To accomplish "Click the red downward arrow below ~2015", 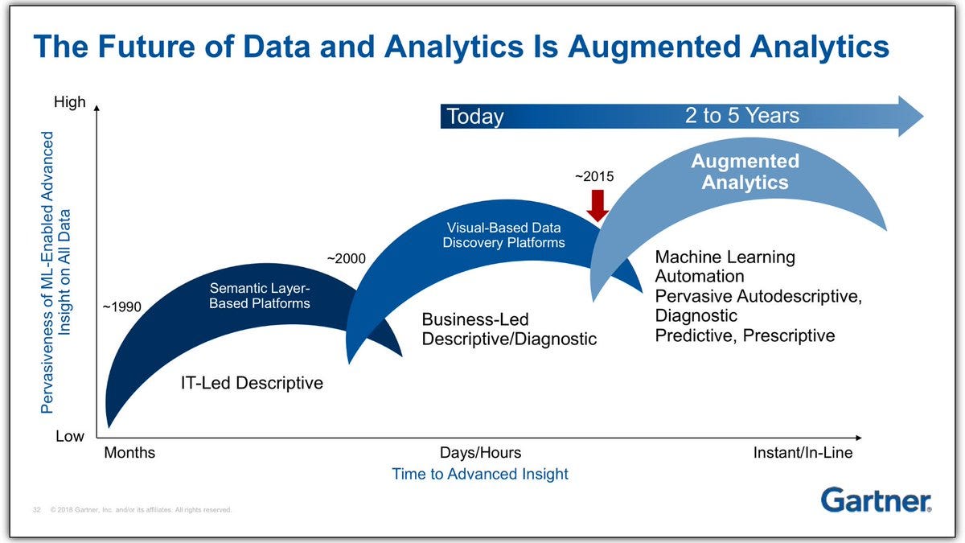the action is [597, 206].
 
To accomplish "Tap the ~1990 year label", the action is [122, 306].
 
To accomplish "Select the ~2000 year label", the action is [347, 258].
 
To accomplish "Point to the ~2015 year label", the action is [594, 176].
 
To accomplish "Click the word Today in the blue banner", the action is [475, 117].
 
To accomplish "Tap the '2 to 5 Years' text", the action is [742, 116].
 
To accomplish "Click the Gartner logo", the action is [876, 500].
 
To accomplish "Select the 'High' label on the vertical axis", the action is [70, 102].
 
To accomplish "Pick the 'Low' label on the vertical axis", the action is [70, 436].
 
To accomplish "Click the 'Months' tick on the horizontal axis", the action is [129, 452].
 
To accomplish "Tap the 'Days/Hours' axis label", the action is [480, 452].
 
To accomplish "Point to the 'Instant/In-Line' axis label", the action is [803, 452].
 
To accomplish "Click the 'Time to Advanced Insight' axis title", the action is [480, 474].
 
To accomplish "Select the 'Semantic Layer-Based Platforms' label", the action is [260, 296].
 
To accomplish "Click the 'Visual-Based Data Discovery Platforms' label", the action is [503, 235].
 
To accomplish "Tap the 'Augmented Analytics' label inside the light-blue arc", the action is [745, 171].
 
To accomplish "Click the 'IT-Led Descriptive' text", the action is [252, 383].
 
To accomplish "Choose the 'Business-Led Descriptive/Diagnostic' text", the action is [509, 329].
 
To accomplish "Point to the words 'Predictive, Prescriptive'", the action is [745, 335].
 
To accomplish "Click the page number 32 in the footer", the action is [37, 510].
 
